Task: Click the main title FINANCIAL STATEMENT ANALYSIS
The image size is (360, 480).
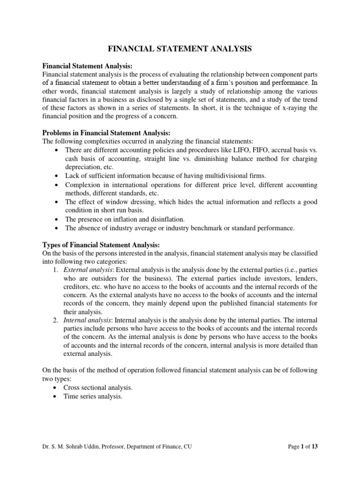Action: [x=180, y=48]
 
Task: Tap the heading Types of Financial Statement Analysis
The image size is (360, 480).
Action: [x=101, y=245]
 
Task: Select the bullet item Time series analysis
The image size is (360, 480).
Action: [x=93, y=397]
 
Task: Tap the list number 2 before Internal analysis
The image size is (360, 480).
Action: [x=56, y=321]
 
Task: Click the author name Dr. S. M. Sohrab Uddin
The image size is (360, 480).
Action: [x=76, y=460]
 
